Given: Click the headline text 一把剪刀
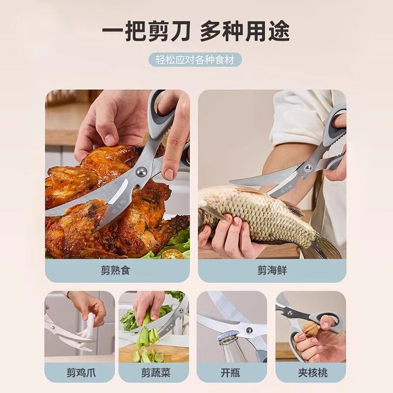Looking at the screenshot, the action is click(x=145, y=31).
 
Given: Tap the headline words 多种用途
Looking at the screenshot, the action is click(x=245, y=31).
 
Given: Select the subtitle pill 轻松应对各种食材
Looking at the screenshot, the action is click(x=196, y=60).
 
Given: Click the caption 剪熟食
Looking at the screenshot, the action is click(x=115, y=271).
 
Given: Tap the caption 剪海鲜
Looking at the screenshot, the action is click(x=272, y=271).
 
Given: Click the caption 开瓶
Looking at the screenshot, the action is click(x=230, y=373).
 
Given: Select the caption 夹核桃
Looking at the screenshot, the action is click(x=313, y=373).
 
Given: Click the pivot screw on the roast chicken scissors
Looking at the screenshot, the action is click(x=140, y=172).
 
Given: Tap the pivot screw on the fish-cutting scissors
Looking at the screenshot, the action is click(x=308, y=168).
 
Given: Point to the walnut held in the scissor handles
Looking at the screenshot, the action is click(x=310, y=328).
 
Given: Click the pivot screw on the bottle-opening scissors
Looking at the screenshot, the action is click(x=249, y=330).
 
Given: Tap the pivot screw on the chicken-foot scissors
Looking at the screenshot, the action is click(x=52, y=327).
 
